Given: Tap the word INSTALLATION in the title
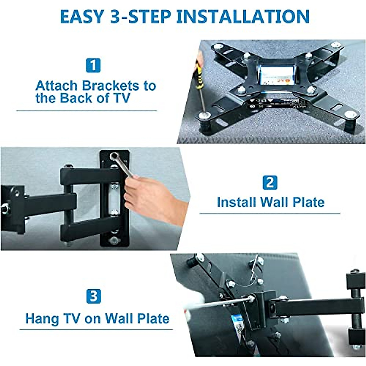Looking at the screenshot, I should click(x=243, y=16).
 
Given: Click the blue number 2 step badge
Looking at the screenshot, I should click(x=270, y=183).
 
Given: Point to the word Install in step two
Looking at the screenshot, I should click(x=236, y=202).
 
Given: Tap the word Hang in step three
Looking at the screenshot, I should click(x=42, y=319).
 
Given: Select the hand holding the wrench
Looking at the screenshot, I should click(x=152, y=195).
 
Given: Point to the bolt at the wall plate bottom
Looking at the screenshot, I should click(x=115, y=241).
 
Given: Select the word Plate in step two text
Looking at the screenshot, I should click(x=308, y=202).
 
